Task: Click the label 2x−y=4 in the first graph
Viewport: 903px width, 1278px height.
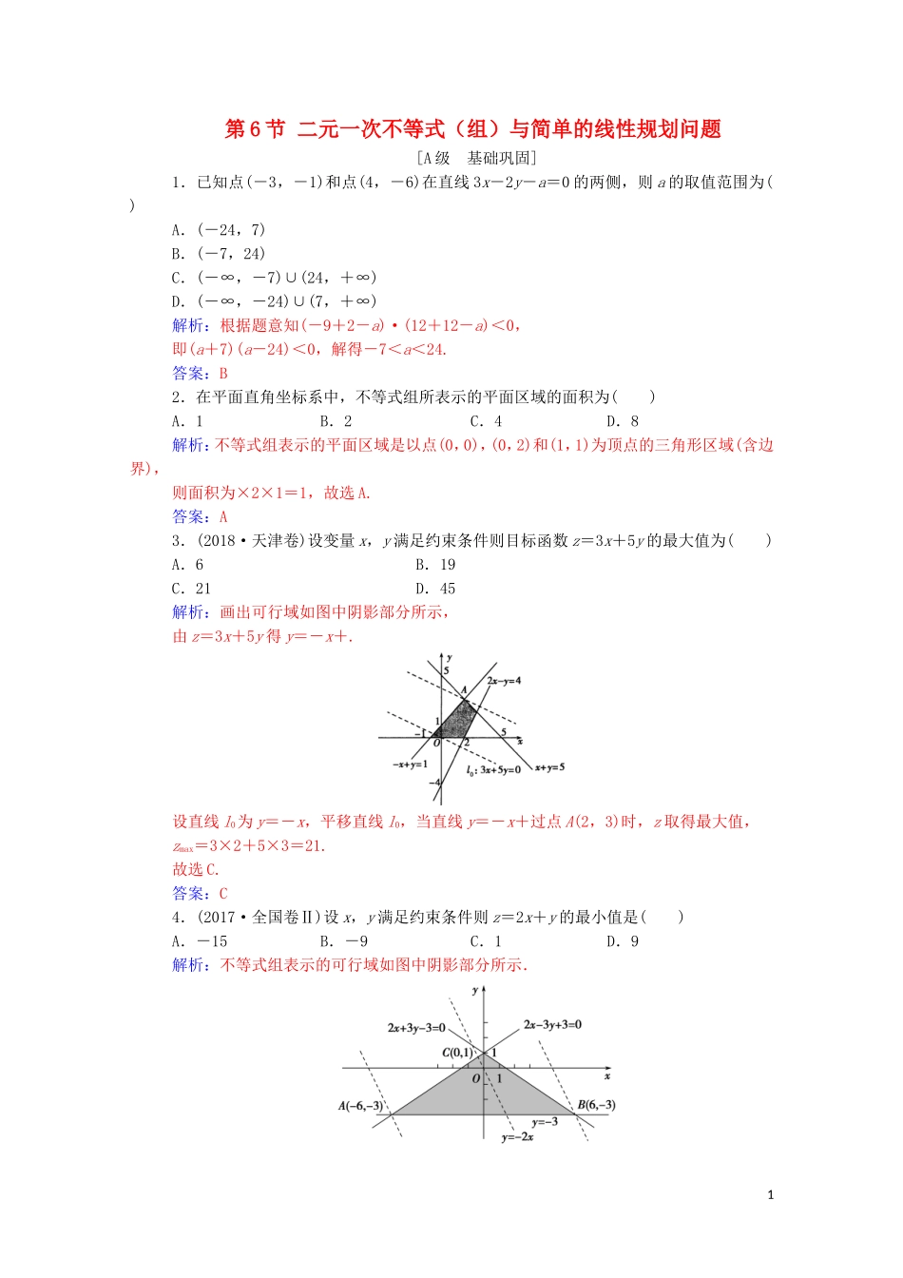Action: [x=504, y=681]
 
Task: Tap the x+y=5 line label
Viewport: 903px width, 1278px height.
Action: [x=549, y=766]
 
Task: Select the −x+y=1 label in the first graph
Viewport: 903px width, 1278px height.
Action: [x=410, y=764]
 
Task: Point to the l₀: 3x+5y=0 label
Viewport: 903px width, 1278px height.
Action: [x=492, y=769]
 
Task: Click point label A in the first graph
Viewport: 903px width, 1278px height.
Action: [x=464, y=690]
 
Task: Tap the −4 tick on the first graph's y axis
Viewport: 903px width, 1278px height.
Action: [x=434, y=783]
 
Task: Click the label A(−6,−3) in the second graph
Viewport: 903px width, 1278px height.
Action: [x=360, y=1106]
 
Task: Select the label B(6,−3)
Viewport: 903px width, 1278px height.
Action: [x=596, y=1105]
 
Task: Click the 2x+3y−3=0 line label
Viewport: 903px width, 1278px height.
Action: [x=416, y=1028]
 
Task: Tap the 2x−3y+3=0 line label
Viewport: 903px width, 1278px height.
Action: [x=552, y=1025]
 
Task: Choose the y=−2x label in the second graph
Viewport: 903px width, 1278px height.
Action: [x=518, y=1137]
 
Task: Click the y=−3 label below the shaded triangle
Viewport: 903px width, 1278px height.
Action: [x=545, y=1122]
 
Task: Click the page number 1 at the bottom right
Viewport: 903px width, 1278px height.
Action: [x=770, y=1195]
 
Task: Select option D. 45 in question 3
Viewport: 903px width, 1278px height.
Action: [x=435, y=589]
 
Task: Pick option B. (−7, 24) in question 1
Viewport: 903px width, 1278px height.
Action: [x=219, y=254]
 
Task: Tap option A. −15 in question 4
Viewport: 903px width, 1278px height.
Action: [x=200, y=941]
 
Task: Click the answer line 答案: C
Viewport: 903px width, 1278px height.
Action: [x=201, y=894]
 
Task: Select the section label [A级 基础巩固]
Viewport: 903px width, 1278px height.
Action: [x=476, y=158]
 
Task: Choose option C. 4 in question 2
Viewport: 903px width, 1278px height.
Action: [x=486, y=421]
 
